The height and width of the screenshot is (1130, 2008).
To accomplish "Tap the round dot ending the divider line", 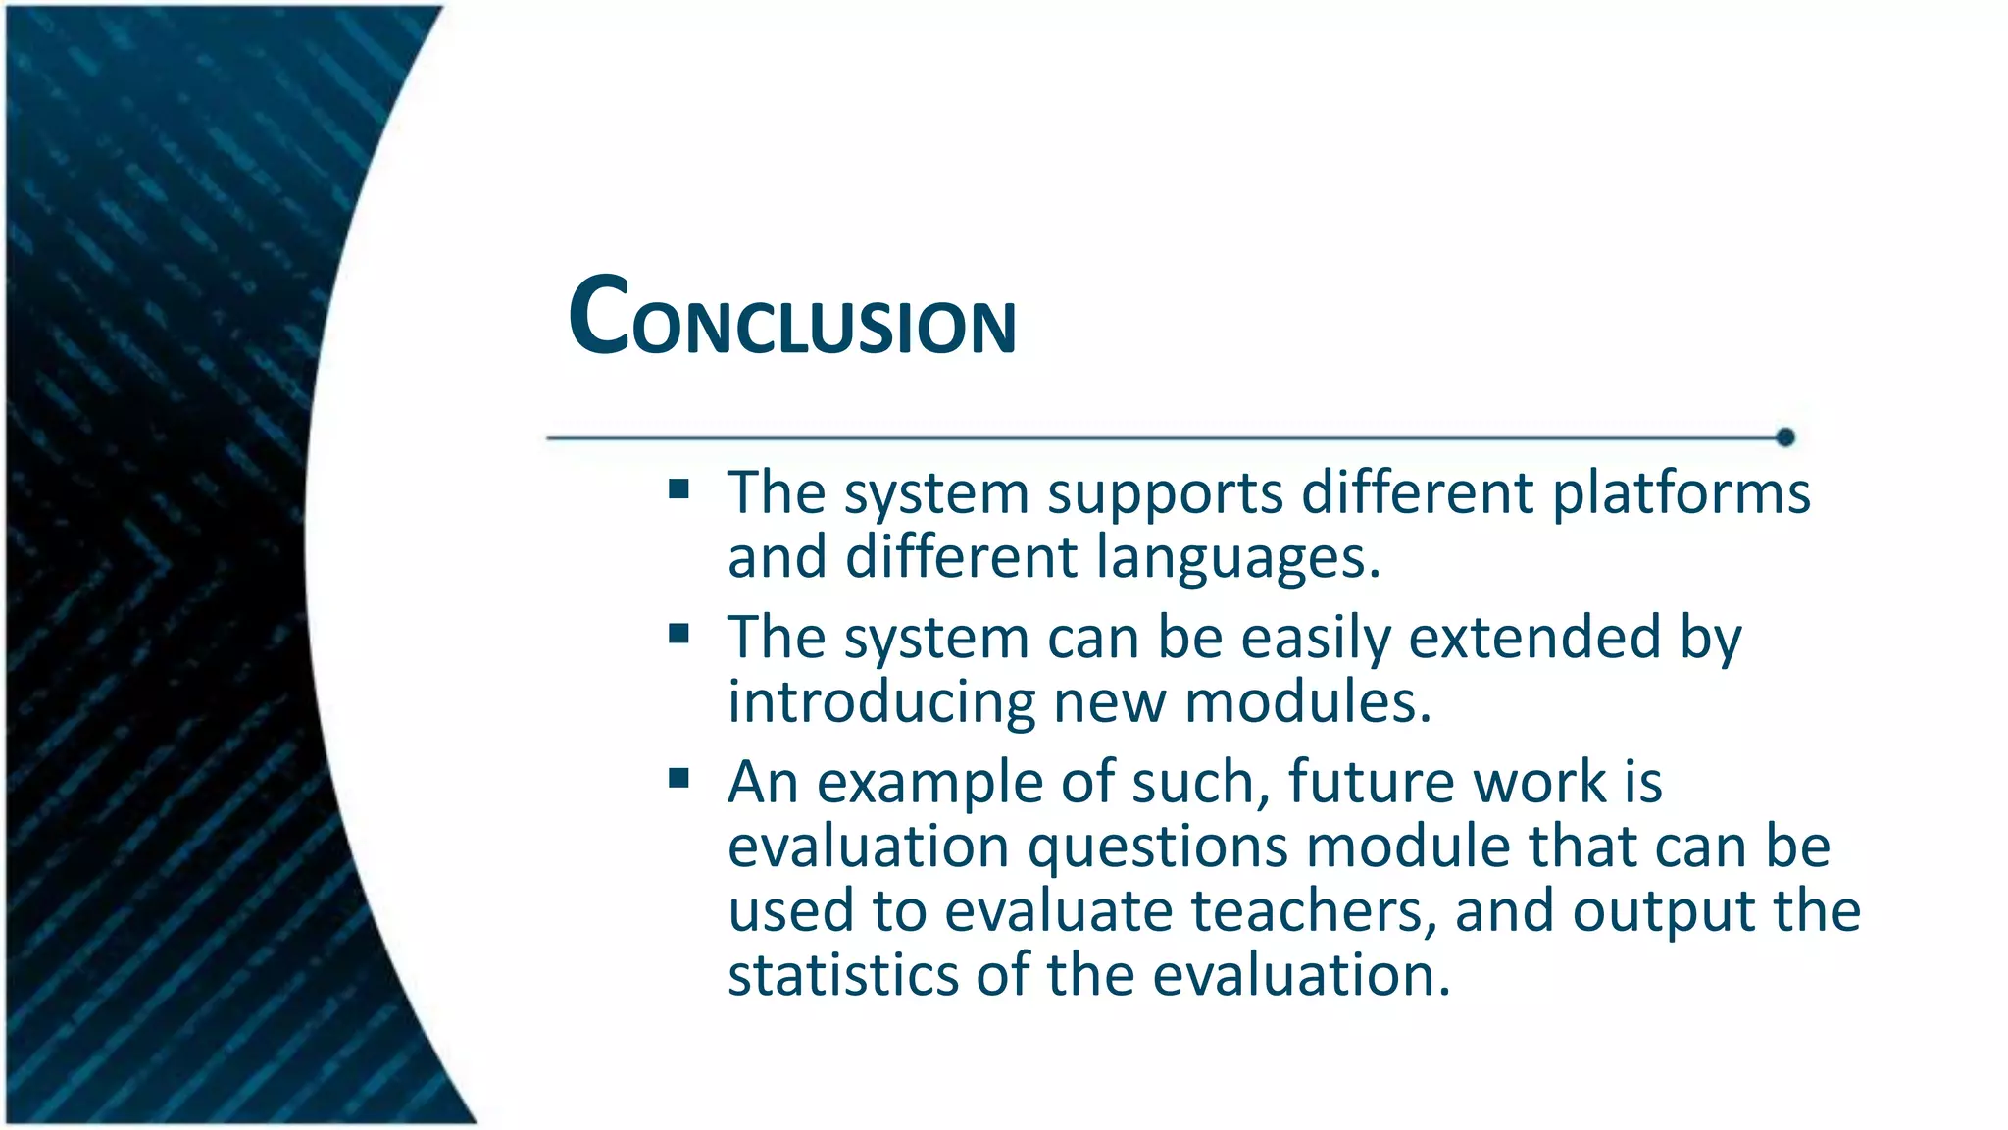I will tap(1785, 437).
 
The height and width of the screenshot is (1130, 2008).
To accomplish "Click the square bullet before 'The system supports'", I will tap(678, 488).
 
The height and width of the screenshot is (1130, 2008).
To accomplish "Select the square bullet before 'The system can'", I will tap(678, 634).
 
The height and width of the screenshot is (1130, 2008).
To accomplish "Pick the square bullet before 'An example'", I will tap(678, 779).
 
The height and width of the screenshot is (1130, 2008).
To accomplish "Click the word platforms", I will tap(1681, 493).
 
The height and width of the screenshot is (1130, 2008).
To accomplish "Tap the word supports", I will tap(1165, 493).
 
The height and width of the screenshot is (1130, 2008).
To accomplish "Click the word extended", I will tap(1534, 638).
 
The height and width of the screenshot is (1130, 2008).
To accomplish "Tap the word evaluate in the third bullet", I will tap(1058, 911).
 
